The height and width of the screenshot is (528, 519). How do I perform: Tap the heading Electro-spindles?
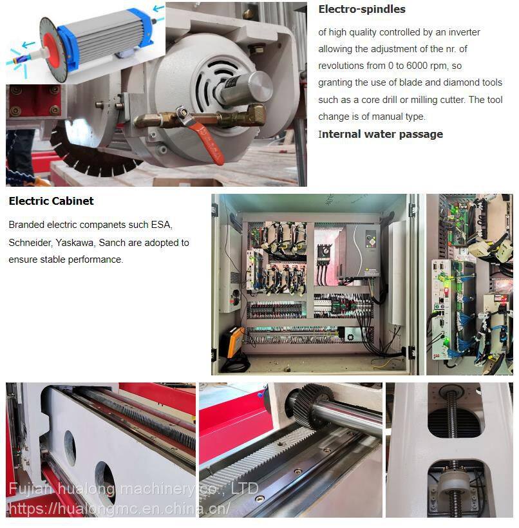(362, 9)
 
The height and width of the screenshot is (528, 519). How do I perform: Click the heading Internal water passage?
(381, 134)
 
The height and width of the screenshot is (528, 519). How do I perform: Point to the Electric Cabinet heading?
(52, 201)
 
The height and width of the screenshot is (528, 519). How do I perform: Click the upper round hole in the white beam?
(70, 448)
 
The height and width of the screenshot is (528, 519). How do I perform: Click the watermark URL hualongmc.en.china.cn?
(120, 509)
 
